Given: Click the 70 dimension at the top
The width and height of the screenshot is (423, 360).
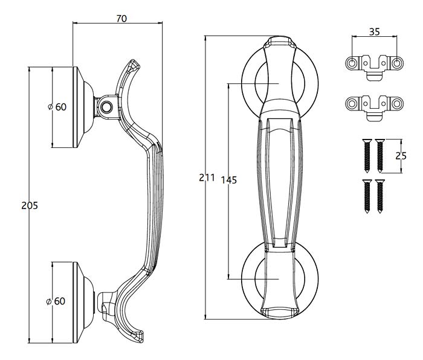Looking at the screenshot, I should [x=121, y=19].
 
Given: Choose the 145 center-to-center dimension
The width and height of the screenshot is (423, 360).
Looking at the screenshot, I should [x=229, y=180].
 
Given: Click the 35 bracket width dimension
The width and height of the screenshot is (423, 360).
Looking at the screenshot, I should [x=374, y=32].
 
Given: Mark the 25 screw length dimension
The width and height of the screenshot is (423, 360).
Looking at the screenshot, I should [x=400, y=155].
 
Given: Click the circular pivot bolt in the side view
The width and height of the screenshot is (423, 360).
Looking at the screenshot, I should [x=107, y=108].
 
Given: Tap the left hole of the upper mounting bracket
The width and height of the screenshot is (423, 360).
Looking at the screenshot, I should [x=352, y=63].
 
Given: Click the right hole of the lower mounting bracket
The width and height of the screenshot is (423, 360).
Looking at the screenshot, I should [x=396, y=104].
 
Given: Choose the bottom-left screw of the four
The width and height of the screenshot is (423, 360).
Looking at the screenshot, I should [x=366, y=196].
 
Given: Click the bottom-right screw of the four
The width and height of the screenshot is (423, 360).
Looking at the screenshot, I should [x=380, y=196].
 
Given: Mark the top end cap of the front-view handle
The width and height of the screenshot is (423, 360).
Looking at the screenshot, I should [x=279, y=43].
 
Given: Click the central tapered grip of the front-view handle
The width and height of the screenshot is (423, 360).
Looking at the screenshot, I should [x=279, y=181].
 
